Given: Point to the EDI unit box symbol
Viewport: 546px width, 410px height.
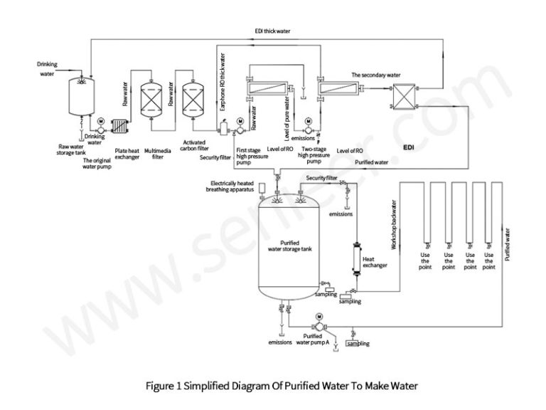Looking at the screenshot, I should [407, 95].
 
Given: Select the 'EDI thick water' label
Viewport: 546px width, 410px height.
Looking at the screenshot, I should [273, 31].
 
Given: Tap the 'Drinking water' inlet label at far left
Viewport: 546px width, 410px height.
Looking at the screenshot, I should [47, 68].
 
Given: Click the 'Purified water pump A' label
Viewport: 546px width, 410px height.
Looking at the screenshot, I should [316, 339].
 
